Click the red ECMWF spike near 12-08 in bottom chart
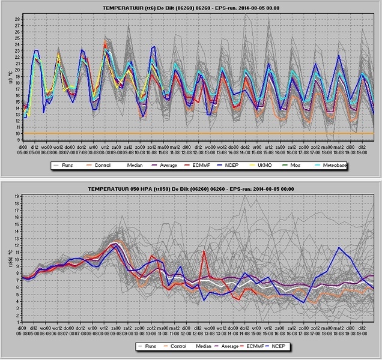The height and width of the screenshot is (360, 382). pyautogui.click(x=205, y=252)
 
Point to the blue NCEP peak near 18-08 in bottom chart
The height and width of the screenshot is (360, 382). pyautogui.click(x=339, y=247)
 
